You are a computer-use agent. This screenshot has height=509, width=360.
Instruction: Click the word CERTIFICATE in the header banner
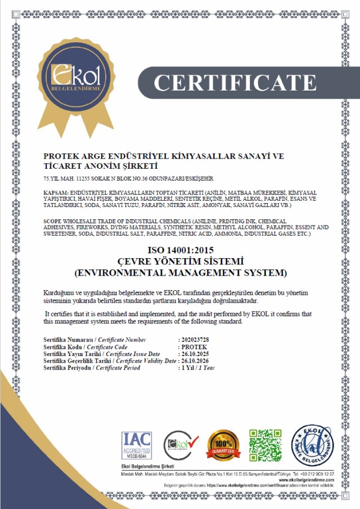click(235, 82)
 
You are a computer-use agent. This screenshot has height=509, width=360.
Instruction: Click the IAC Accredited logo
click(136, 444)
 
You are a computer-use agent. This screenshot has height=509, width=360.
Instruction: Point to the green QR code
click(265, 444)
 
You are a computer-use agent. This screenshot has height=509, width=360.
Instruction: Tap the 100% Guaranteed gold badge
click(224, 445)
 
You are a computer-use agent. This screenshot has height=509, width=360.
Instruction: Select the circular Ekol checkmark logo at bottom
click(181, 445)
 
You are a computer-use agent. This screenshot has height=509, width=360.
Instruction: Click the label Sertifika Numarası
click(68, 340)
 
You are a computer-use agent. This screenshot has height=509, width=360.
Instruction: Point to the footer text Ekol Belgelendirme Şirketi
click(147, 467)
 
